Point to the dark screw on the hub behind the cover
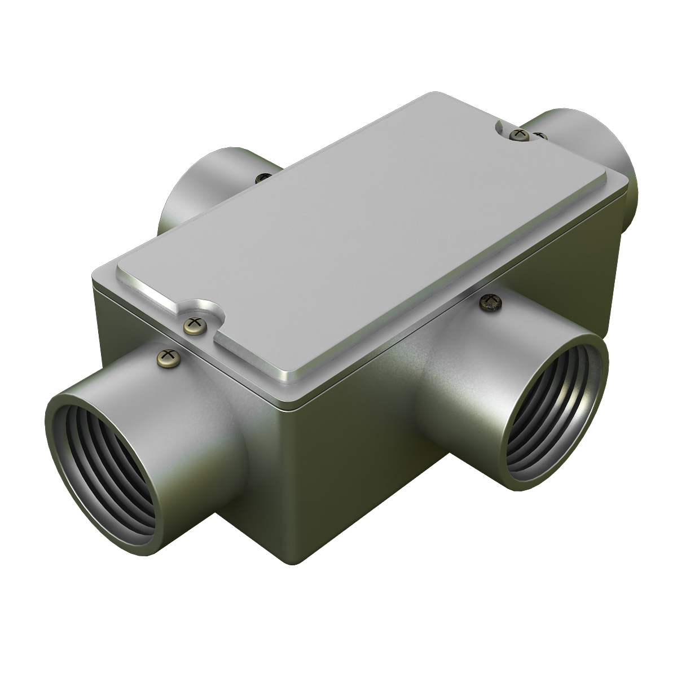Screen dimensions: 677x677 (262, 178)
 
